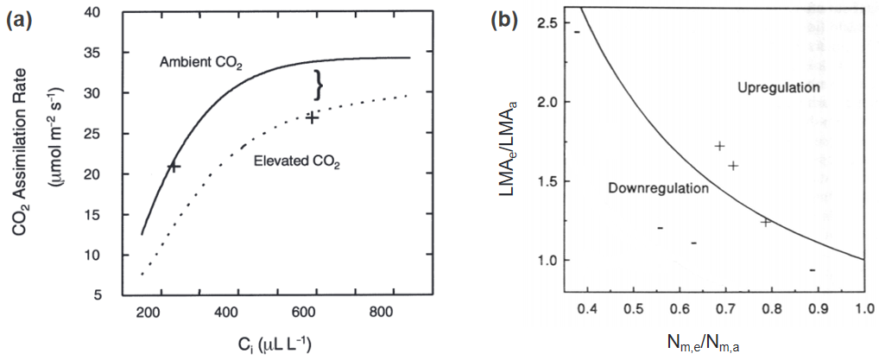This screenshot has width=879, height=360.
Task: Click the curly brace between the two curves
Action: (x=319, y=85)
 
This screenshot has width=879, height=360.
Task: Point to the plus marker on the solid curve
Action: (x=174, y=166)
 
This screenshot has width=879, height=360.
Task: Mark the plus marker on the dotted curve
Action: (x=312, y=117)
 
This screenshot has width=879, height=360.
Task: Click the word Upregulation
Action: (x=778, y=88)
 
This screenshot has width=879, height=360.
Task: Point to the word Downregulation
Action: (x=647, y=188)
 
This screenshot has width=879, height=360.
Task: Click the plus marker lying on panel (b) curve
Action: (x=765, y=222)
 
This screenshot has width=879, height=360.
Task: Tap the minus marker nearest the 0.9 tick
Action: (x=813, y=269)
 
